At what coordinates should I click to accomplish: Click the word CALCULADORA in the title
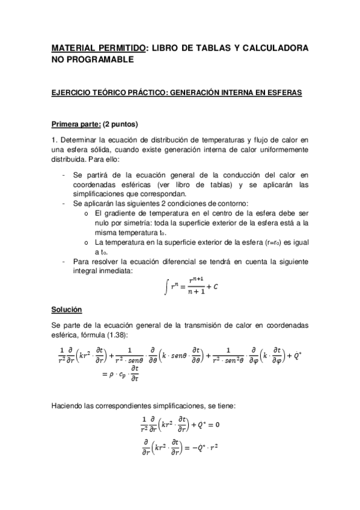(x=276, y=48)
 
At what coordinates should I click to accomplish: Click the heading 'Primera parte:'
(x=75, y=125)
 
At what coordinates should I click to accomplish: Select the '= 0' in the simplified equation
(x=212, y=425)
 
